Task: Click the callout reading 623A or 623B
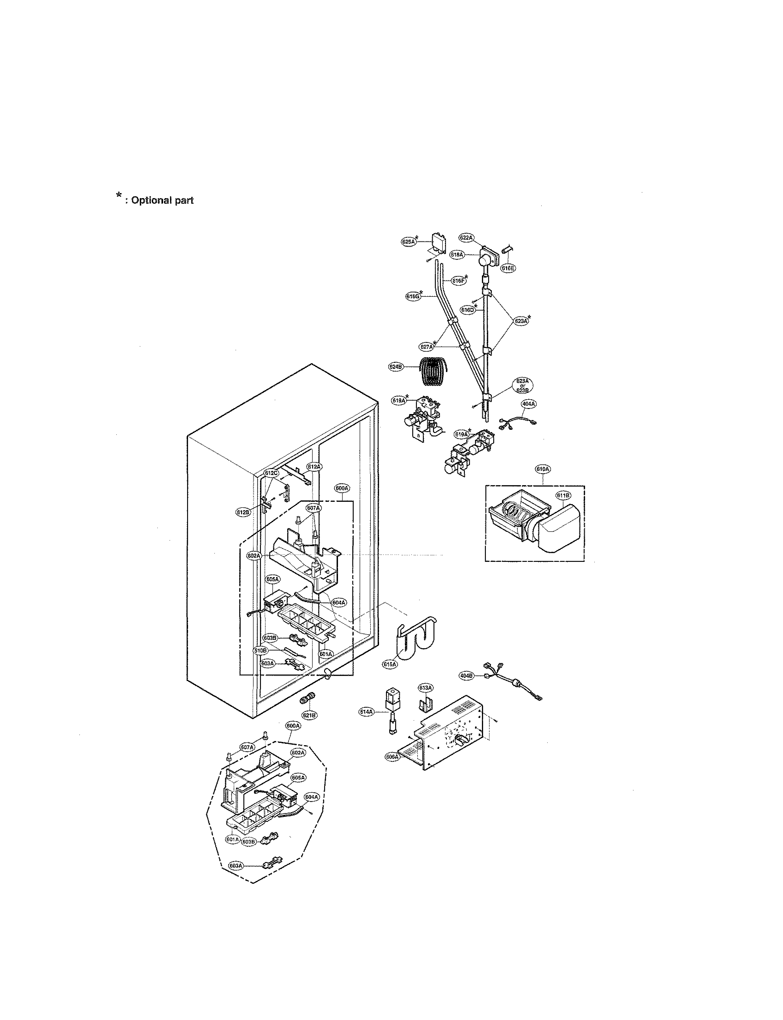coord(523,385)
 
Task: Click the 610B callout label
coord(260,650)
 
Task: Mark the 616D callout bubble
coord(467,309)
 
